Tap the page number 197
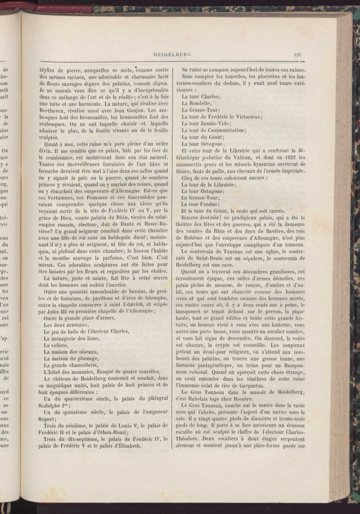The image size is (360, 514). (297, 55)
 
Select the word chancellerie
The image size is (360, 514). (89, 365)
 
